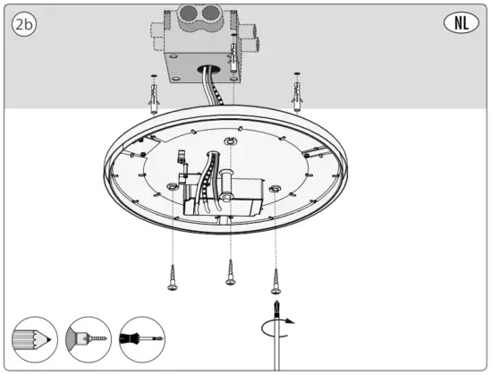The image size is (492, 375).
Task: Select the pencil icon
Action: click(33, 340)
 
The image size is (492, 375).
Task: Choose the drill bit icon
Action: click(88, 340)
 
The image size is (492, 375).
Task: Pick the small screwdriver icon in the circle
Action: click(142, 340)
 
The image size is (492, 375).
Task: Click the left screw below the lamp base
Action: click(170, 278)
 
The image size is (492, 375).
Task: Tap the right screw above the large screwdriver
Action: click(276, 281)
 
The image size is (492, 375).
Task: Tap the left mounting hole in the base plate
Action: click(170, 186)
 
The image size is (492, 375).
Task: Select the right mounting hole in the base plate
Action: click(276, 189)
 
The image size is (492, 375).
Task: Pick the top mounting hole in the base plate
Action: click(231, 141)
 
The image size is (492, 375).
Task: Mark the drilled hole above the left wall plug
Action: click(156, 75)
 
